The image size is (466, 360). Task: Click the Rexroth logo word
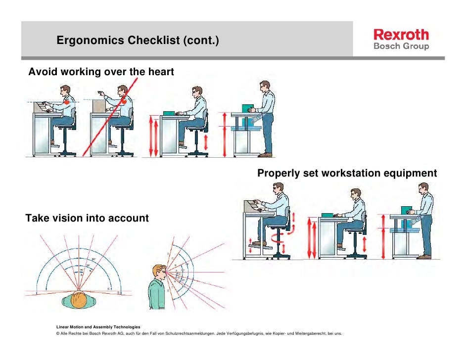(401, 35)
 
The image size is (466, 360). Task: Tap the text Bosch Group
(401, 46)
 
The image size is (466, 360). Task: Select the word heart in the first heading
(160, 72)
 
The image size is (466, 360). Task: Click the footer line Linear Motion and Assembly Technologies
(98, 327)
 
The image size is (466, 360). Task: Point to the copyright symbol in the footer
(59, 334)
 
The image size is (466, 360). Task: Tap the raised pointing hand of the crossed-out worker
(99, 92)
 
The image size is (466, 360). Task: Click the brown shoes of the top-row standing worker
(266, 155)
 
